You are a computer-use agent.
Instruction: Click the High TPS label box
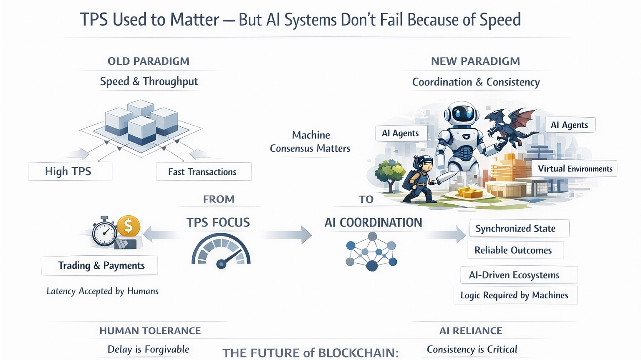point(70,171)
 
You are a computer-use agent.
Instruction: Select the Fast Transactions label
point(203,172)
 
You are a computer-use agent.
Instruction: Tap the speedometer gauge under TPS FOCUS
point(221,252)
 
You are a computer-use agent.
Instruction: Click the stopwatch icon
point(104,232)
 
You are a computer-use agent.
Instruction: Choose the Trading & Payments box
point(99,266)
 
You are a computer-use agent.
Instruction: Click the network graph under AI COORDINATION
point(371,252)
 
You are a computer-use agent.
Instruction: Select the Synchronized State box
point(519,229)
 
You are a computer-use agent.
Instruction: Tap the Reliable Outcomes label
point(515,250)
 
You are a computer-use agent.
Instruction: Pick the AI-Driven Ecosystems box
point(519,275)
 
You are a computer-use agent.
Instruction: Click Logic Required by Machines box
point(515,295)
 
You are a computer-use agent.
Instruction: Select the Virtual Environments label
point(575,169)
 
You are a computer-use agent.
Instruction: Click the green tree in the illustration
point(390,171)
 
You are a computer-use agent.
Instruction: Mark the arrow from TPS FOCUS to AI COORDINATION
point(288,235)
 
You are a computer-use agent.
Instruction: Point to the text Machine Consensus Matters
point(310,142)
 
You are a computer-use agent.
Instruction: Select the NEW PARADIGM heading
point(475,61)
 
